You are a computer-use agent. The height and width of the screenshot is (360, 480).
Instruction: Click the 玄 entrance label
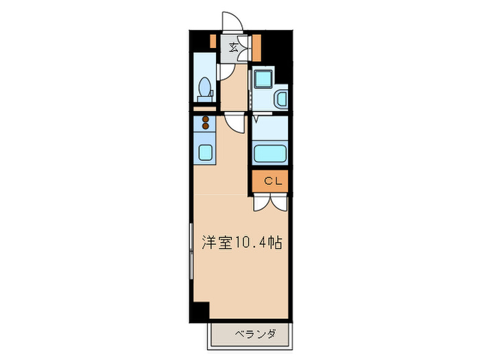pyautogui.click(x=234, y=47)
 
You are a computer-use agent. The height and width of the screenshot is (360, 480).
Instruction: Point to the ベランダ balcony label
pyautogui.click(x=255, y=335)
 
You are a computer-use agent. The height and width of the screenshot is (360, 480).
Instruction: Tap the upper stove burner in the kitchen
pyautogui.click(x=204, y=119)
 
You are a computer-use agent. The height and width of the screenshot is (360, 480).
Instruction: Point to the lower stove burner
pyautogui.click(x=204, y=127)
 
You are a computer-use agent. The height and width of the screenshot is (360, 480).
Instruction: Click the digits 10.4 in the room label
pyautogui.click(x=251, y=242)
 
